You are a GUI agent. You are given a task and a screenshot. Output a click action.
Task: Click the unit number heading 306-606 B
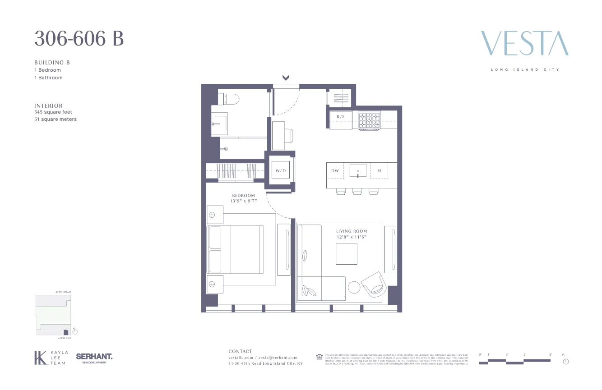(79, 39)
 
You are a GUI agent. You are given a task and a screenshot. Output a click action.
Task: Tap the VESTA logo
(524, 43)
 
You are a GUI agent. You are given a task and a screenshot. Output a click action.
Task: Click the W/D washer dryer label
(281, 171)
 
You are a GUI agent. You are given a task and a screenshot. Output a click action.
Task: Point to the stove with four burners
(369, 120)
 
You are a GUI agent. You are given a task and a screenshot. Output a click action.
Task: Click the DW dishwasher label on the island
(335, 171)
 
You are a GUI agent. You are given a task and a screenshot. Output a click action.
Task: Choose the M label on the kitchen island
(379, 171)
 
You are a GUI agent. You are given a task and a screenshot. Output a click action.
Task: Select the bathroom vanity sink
(220, 123)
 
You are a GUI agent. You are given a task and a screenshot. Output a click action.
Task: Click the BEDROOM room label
(244, 196)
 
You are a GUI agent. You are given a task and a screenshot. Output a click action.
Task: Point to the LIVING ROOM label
(352, 231)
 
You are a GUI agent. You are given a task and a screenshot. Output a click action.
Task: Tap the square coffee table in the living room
(347, 254)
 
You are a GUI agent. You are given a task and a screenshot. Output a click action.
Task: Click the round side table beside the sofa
(354, 287)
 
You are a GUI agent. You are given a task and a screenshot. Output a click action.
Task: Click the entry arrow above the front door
(286, 78)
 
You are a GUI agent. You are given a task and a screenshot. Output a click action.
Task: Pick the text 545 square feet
(53, 112)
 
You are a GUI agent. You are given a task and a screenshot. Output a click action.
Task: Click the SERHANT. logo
(94, 357)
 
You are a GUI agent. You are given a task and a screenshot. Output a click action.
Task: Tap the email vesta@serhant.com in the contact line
(278, 358)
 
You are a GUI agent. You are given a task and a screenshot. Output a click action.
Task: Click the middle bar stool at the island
(357, 192)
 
